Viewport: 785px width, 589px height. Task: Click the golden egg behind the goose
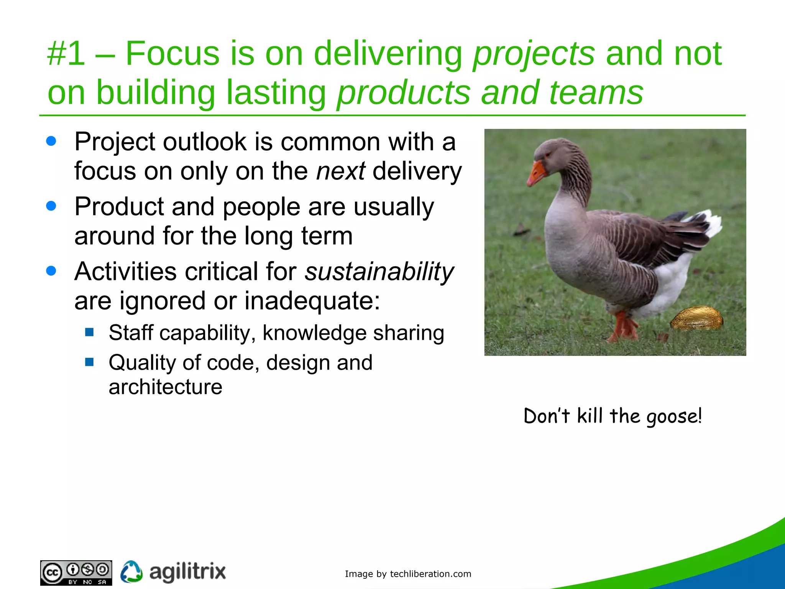point(696,318)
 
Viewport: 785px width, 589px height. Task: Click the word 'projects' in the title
point(534,54)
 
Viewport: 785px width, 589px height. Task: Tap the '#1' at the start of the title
point(66,54)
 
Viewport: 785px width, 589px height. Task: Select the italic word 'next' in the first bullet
point(340,171)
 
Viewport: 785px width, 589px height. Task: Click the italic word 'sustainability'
point(379,272)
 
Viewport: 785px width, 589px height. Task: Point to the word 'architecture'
point(165,387)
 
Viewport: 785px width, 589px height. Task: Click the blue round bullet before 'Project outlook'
point(51,141)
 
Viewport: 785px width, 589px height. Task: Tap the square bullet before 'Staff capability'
point(90,332)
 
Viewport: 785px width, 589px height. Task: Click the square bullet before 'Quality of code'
point(90,362)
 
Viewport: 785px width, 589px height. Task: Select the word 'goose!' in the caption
point(674,416)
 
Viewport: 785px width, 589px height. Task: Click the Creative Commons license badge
point(76,573)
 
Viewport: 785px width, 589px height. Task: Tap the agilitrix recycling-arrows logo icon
point(131,572)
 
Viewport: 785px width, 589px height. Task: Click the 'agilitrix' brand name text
point(187,572)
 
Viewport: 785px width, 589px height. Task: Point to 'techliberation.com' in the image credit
point(430,574)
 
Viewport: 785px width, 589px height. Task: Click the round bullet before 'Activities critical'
point(51,271)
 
